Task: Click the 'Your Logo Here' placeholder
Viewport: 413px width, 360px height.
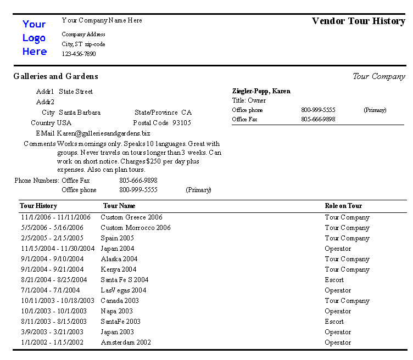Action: [x=34, y=38]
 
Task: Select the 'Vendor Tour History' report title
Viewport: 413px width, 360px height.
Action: [x=358, y=21]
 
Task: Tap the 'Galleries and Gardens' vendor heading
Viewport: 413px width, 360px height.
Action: [x=55, y=77]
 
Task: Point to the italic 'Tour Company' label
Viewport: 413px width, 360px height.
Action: [x=378, y=77]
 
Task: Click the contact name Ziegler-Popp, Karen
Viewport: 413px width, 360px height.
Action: [x=261, y=91]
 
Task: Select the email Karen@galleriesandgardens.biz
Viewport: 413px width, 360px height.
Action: [x=103, y=133]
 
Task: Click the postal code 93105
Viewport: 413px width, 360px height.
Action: [x=181, y=123]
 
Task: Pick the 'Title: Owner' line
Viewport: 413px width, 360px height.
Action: [x=249, y=101]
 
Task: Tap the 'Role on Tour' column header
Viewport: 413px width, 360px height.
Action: [x=343, y=206]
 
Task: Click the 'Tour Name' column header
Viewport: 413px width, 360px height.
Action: [x=119, y=206]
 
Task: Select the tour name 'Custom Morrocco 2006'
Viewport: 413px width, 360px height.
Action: [x=135, y=228]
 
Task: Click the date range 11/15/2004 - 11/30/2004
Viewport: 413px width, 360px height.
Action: [x=58, y=249]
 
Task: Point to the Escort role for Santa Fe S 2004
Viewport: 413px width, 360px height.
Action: [x=334, y=280]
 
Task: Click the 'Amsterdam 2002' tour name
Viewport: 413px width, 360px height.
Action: [x=125, y=342]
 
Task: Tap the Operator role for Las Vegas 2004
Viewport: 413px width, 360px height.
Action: [x=337, y=290]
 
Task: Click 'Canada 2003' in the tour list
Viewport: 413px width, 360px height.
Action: [x=120, y=301]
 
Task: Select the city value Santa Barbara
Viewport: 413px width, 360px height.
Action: [x=80, y=113]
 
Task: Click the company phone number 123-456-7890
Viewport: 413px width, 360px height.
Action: [x=79, y=54]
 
